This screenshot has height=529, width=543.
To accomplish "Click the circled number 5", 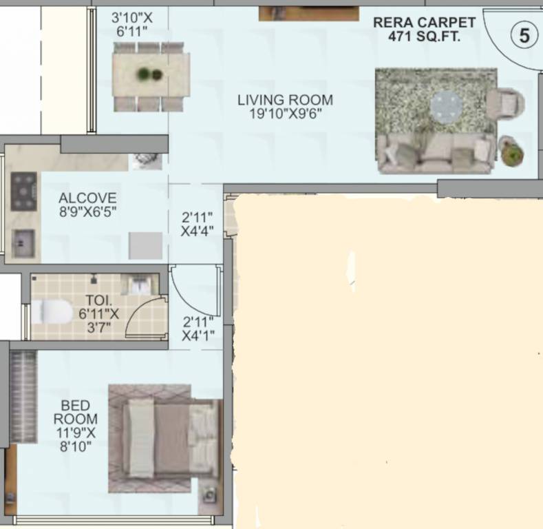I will (524, 36).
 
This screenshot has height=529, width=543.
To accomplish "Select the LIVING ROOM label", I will (285, 106).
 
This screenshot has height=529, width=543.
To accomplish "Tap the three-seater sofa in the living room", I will (436, 154).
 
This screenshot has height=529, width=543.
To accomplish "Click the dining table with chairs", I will (151, 75).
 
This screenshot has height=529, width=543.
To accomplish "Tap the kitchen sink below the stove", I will (23, 243).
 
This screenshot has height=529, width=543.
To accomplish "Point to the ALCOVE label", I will (87, 205).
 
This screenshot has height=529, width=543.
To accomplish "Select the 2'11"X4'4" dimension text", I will (198, 225).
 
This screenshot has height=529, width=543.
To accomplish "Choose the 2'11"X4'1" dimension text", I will (198, 329).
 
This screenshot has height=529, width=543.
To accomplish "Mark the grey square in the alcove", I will (146, 245).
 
